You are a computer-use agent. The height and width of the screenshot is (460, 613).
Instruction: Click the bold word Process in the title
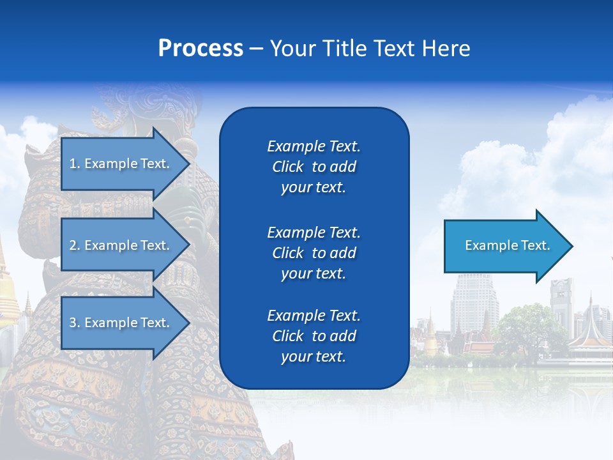click(201, 49)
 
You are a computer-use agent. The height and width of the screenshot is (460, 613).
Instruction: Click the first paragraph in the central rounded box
click(314, 167)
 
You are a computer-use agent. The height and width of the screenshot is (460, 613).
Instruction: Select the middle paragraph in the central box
click(314, 252)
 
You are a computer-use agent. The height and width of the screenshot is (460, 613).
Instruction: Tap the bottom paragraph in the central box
click(314, 336)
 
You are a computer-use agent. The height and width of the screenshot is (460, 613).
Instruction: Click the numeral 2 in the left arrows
click(72, 245)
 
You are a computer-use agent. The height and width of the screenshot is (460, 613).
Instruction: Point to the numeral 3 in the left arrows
click(72, 323)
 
